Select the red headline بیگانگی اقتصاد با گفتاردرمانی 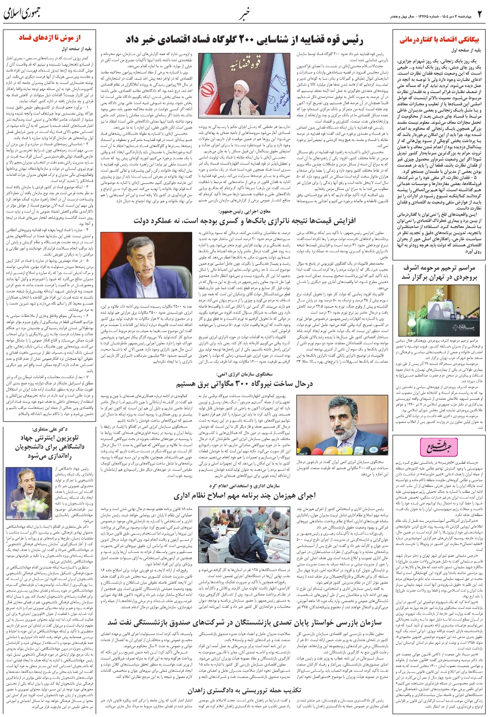[439, 40]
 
